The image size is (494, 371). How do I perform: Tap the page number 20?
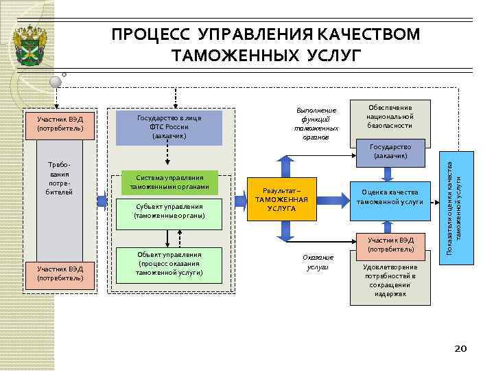(x=461, y=349)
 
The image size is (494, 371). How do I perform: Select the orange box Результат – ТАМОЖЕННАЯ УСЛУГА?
(x=282, y=199)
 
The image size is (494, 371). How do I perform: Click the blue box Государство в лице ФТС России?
(x=169, y=126)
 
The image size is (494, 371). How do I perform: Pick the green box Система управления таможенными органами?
(x=169, y=182)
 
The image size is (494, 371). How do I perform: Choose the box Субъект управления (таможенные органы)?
(x=169, y=211)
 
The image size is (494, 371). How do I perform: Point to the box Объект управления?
(x=169, y=263)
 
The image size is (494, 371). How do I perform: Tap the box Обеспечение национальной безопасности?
(x=390, y=117)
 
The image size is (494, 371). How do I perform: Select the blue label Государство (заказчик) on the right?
(x=390, y=152)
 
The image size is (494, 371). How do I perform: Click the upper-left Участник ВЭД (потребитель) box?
(x=60, y=124)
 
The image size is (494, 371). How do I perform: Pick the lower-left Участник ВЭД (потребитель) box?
(x=60, y=273)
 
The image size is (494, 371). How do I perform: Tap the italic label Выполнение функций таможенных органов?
(x=316, y=124)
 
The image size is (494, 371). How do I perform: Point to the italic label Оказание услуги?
(x=318, y=262)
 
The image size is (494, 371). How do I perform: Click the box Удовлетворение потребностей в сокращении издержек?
(x=390, y=280)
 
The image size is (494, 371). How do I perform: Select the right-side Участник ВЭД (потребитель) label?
(x=390, y=244)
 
